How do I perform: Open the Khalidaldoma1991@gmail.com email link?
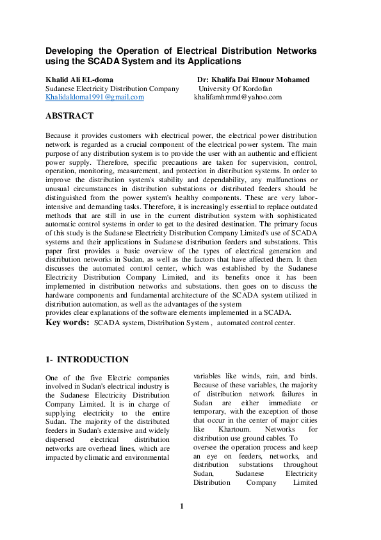point(94,97)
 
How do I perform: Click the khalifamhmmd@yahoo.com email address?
point(238,97)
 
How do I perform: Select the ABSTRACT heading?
point(69,116)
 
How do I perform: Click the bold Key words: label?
point(67,323)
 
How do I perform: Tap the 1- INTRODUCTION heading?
point(86,360)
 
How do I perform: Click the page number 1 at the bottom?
point(182,507)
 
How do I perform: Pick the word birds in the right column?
point(306,376)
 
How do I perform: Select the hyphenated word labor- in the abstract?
point(304,199)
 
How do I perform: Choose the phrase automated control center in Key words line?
point(256,323)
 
